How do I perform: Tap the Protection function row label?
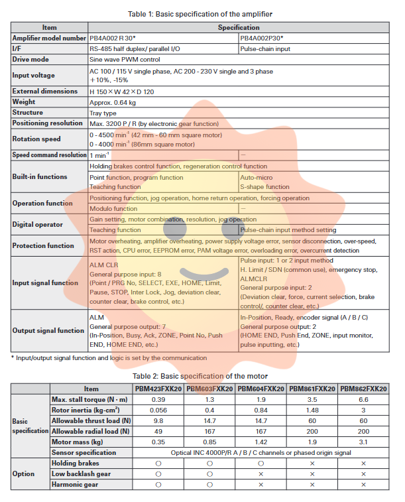click(43, 245)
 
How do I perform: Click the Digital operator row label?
click(37, 224)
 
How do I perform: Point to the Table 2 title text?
click(202, 376)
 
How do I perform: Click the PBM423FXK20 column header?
click(158, 389)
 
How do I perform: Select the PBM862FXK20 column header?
click(363, 389)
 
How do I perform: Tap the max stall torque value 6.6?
click(363, 399)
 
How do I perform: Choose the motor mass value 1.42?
click(260, 442)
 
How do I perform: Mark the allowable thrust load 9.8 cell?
click(158, 420)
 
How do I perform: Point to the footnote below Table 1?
click(109, 357)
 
